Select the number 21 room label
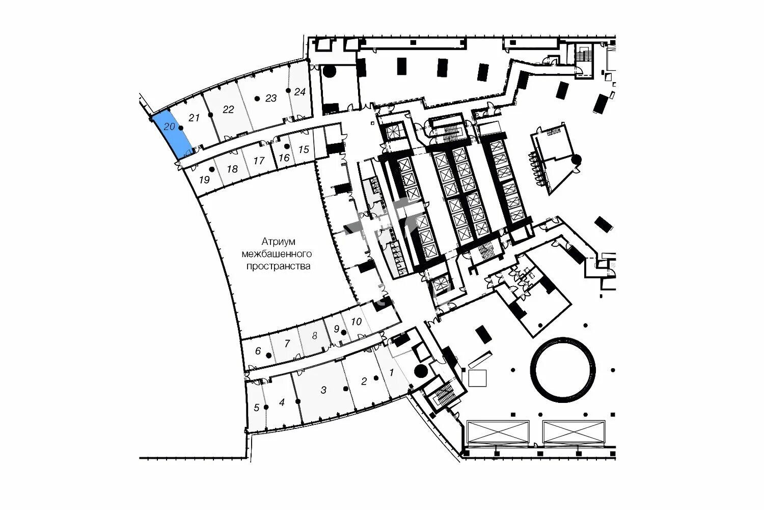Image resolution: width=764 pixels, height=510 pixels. tap(194, 118)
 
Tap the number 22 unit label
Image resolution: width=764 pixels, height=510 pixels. tap(228, 109)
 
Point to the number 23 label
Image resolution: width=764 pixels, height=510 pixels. tap(271, 98)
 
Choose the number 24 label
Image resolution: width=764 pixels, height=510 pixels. tap(300, 92)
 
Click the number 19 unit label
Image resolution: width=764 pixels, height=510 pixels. tap(204, 180)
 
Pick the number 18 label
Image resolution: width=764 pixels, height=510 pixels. tap(232, 169)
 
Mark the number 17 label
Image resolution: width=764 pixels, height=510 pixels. tap(259, 161)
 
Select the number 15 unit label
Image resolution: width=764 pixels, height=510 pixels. tap(304, 149)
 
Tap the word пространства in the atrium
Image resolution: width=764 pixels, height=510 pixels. tap(278, 266)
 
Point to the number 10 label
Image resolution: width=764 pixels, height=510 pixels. tap(357, 321)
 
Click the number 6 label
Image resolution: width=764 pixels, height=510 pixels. tap(258, 351)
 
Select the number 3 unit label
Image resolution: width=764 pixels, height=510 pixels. tap(323, 390)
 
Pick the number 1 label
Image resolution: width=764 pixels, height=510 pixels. tap(391, 372)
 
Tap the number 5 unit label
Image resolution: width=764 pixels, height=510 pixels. tap(256, 407)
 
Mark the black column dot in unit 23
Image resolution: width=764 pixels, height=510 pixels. tap(258, 98)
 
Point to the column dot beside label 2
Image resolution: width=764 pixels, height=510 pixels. tap(376, 378)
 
